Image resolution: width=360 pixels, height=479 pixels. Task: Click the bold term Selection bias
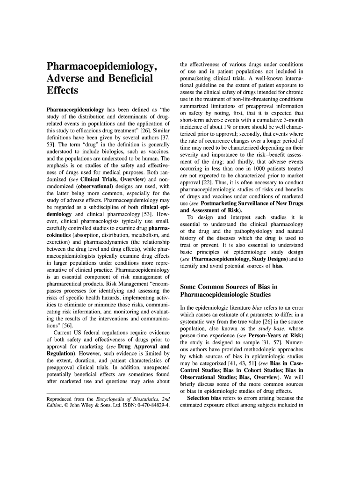(209, 398)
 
